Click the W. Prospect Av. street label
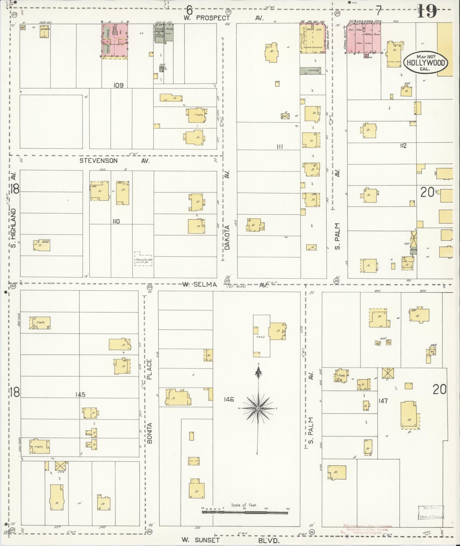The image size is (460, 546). tap(223, 18)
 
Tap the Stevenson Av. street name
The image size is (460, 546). tap(114, 161)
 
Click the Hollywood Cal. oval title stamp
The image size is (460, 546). tap(425, 63)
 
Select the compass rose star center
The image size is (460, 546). tap(258, 408)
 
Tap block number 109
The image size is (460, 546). tap(118, 85)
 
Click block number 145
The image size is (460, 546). tap(80, 394)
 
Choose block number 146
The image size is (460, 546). tap(229, 399)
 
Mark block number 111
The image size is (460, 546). tap(280, 146)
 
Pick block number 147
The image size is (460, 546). tap(383, 401)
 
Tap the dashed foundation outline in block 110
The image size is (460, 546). tap(143, 259)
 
